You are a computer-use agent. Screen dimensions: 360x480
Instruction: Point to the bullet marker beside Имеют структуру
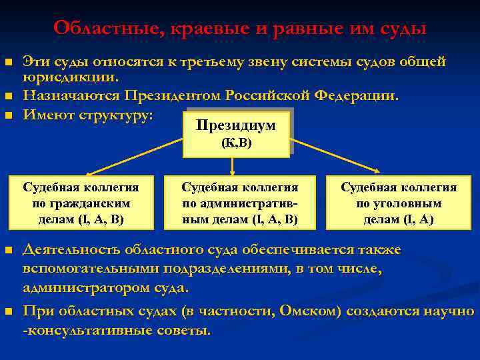click(9, 115)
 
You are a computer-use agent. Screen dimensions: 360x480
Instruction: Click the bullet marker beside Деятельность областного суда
click(9, 250)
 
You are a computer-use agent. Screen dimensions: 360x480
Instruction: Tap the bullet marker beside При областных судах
click(9, 311)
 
